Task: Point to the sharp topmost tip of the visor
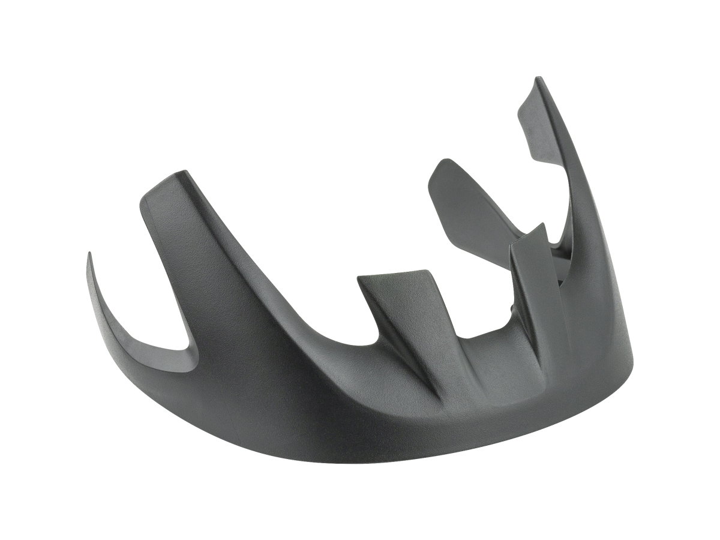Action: coord(539,78)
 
